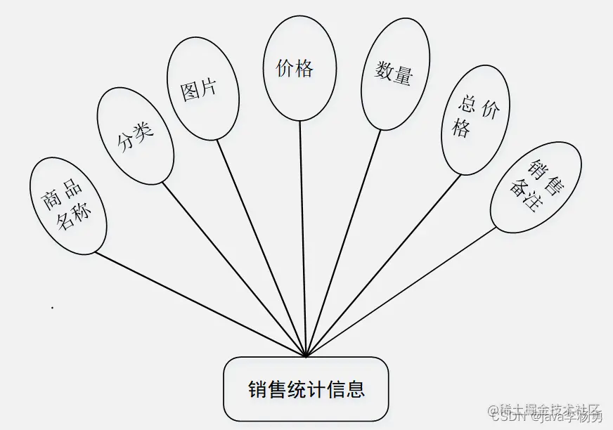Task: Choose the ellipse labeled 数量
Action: click(x=395, y=74)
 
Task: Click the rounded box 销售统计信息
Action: click(x=306, y=389)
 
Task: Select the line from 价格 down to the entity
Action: click(x=303, y=239)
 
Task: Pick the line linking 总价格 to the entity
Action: click(x=384, y=264)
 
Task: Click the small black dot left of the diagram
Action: click(x=52, y=308)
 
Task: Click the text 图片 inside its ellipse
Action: click(x=199, y=90)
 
